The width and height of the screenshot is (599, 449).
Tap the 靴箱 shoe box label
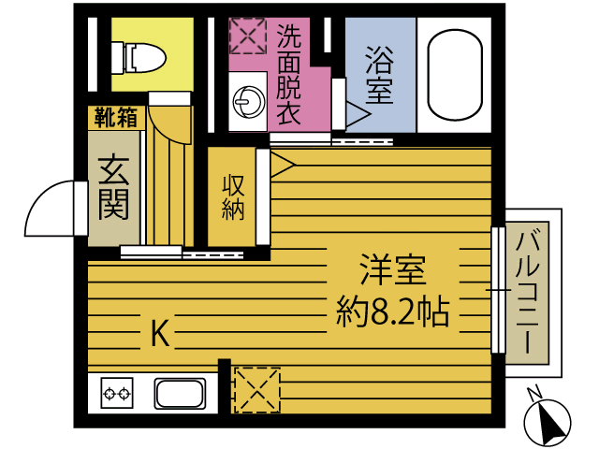115,118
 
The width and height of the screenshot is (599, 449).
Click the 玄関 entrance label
113,187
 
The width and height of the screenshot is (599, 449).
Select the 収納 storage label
232,196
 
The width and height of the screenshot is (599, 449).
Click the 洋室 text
393,271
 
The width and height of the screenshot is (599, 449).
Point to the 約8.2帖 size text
393,311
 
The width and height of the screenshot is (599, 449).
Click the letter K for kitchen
160,333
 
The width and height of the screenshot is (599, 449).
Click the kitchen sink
181,392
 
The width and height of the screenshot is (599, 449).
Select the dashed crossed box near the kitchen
256,388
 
